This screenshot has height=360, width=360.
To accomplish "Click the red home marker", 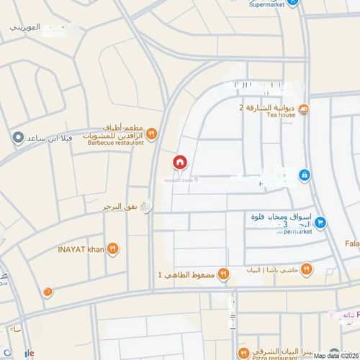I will click(x=179, y=163).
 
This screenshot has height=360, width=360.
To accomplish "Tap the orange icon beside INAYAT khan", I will click(x=112, y=249).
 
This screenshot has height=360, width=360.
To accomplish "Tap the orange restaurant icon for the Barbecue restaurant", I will click(x=151, y=133).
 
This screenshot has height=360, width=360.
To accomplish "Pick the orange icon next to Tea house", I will click(x=303, y=109).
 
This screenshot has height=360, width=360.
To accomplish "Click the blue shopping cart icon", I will click(x=320, y=222).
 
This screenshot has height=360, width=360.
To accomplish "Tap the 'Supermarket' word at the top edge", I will click(x=267, y=4).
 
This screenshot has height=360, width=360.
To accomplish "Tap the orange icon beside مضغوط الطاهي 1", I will click(x=223, y=274).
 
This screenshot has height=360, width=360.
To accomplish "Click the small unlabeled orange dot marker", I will click(x=48, y=292).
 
